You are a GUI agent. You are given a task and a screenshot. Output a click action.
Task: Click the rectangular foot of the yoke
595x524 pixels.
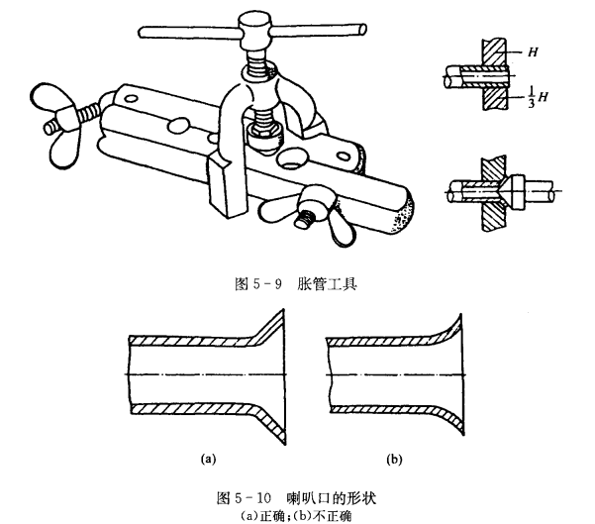pyautogui.click(x=226, y=188)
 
